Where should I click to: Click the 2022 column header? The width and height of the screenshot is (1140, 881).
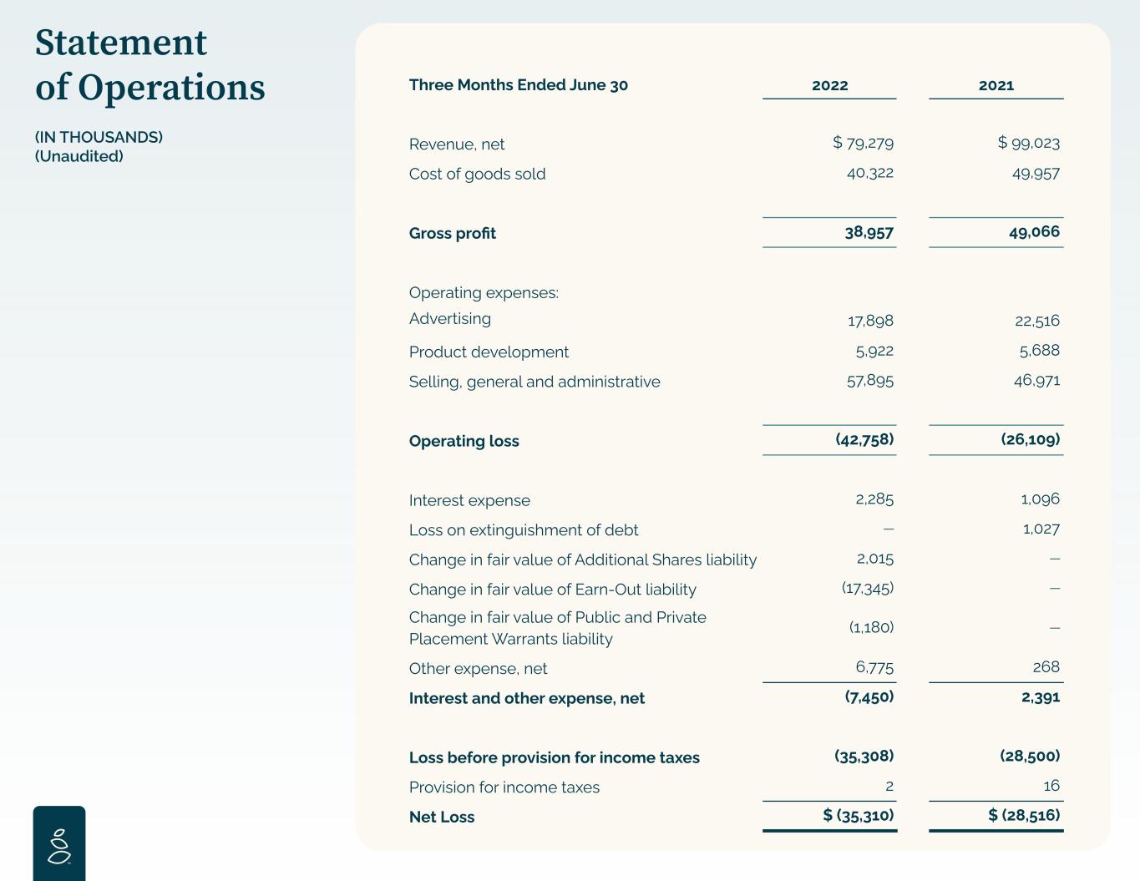point(829,85)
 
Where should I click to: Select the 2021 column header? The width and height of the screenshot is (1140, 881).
point(996,85)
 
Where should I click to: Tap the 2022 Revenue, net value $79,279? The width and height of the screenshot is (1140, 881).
point(864,143)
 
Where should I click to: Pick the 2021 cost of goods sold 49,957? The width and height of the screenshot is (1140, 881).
point(1036,174)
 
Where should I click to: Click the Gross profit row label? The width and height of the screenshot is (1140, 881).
point(452,234)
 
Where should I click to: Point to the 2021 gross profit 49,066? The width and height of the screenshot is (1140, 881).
point(1034,232)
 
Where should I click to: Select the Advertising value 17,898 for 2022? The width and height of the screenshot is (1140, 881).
point(870,321)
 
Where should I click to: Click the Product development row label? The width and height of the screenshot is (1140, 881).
point(489,352)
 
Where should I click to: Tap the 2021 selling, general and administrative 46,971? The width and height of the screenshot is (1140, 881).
point(1036,381)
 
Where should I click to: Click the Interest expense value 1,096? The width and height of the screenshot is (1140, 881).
point(1040,499)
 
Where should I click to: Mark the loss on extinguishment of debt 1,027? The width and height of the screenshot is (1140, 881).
point(1041,529)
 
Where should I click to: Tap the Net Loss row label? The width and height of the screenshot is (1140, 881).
point(441,818)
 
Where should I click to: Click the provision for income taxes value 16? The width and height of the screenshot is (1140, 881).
point(1051,786)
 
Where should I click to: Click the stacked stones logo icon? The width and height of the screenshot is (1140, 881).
point(59,844)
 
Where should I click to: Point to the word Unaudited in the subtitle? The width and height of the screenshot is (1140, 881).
point(79,156)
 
